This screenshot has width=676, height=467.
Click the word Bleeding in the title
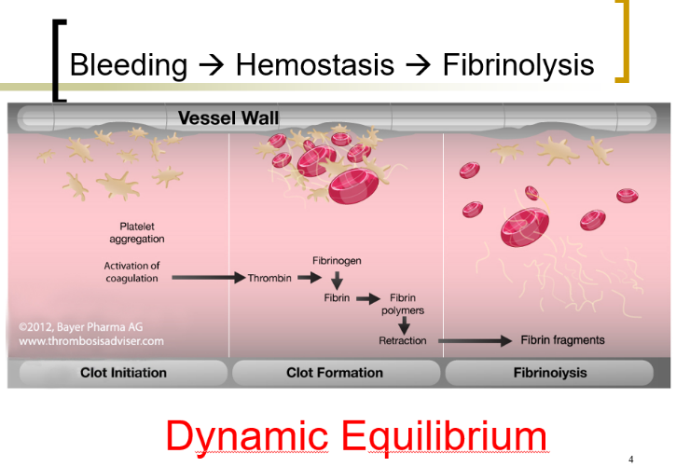click(129, 64)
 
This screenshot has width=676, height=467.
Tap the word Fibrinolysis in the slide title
click(518, 64)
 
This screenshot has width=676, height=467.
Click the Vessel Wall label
click(228, 117)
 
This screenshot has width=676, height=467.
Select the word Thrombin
click(269, 278)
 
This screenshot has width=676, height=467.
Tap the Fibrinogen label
click(336, 261)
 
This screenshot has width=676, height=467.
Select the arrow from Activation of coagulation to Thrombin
click(207, 277)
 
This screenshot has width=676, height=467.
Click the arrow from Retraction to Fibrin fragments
click(475, 340)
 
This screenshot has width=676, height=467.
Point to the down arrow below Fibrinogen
click(337, 280)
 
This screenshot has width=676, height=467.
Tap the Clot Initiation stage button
click(117, 373)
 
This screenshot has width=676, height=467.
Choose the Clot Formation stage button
click(335, 373)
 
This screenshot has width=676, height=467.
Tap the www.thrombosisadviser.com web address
click(91, 340)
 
